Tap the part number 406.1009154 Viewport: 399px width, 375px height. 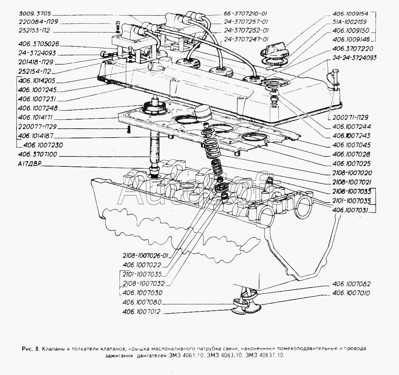coord(352,13)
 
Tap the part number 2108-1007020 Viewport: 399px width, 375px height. coord(352,173)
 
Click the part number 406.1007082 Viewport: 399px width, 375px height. coord(351,284)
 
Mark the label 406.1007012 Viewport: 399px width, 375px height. coord(142,311)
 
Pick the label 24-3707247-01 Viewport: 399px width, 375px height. coord(246,39)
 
